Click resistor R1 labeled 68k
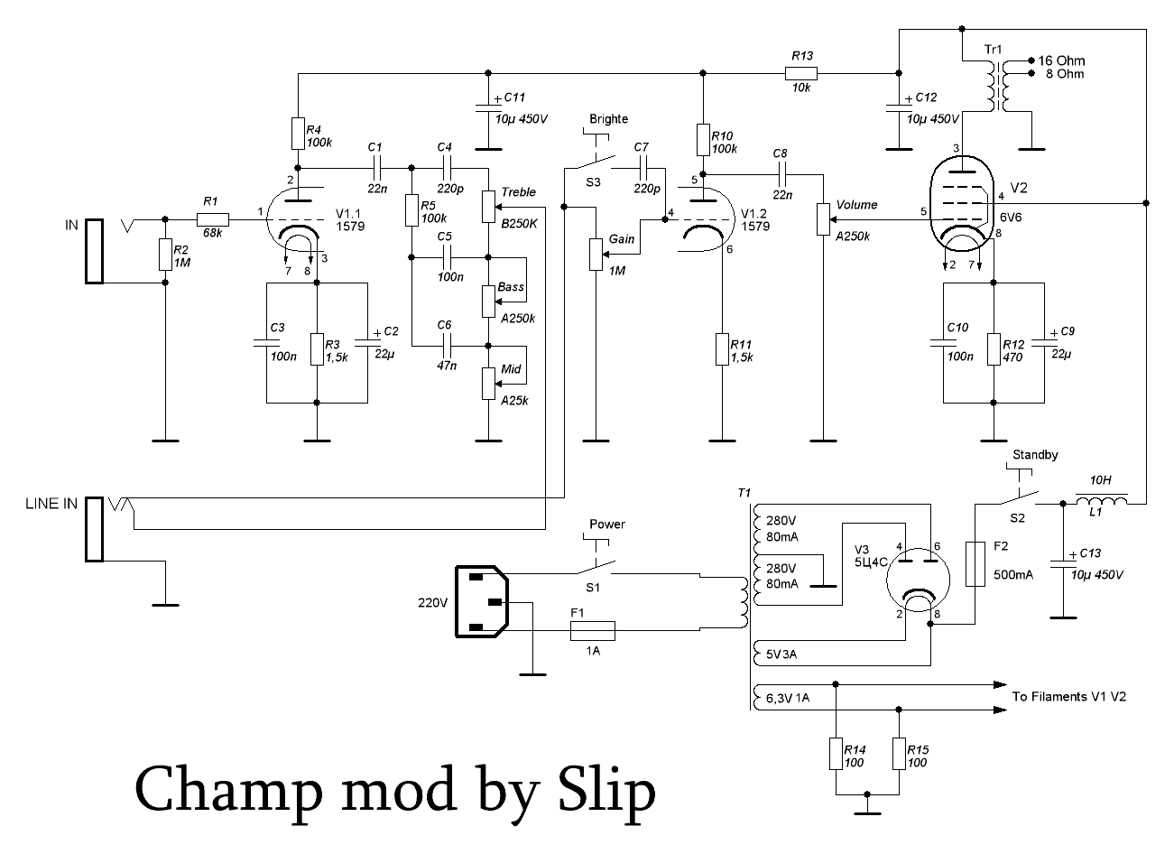click(x=213, y=218)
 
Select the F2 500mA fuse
click(x=975, y=564)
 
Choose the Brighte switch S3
click(x=593, y=162)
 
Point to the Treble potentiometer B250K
click(x=488, y=206)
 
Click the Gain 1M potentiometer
click(x=594, y=254)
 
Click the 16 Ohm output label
click(x=1061, y=60)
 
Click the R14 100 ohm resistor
click(x=837, y=753)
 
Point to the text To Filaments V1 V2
click(x=1068, y=696)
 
